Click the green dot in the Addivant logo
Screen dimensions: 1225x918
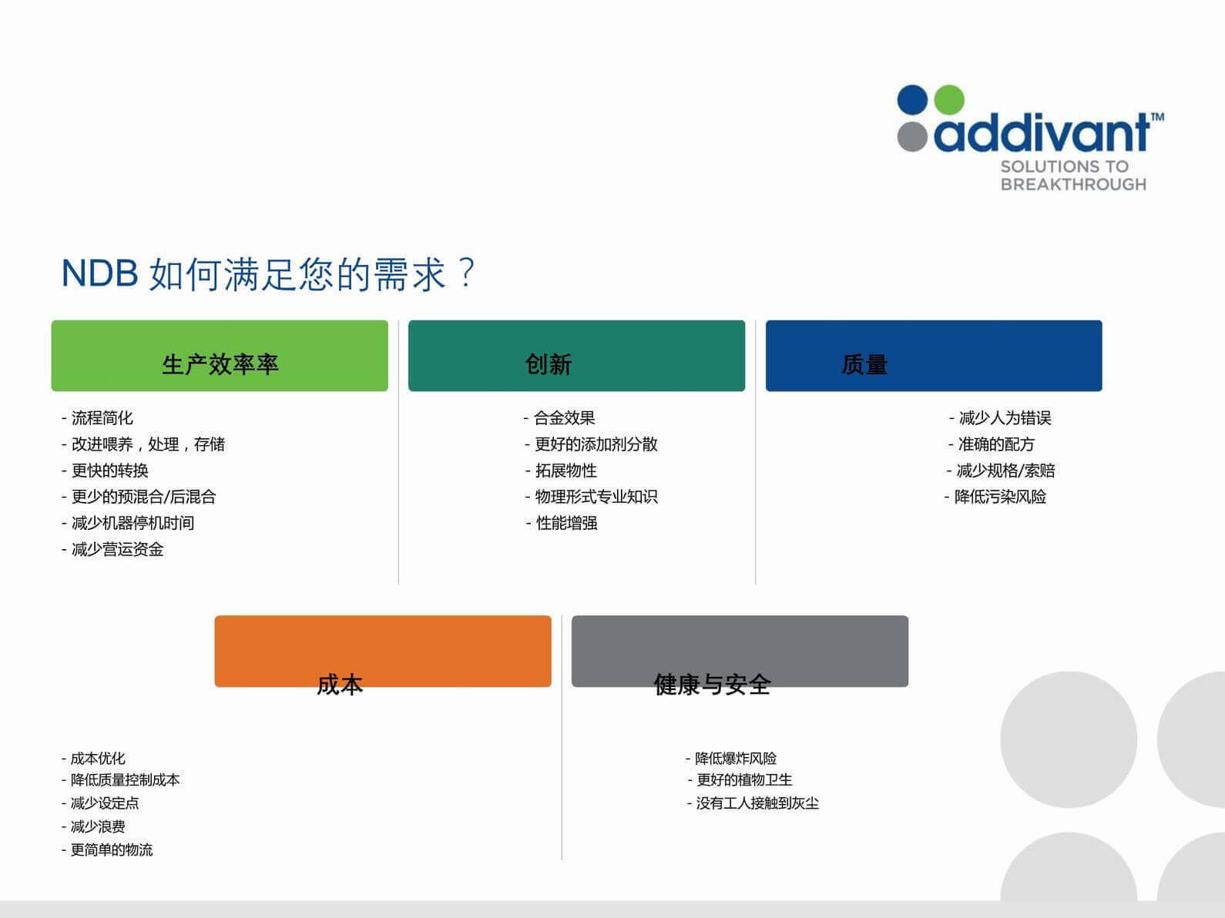(948, 100)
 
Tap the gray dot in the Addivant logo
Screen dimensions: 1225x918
(912, 136)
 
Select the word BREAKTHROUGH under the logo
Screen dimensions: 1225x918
(1073, 185)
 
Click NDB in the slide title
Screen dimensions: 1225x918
(99, 273)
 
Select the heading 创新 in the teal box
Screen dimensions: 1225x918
(548, 365)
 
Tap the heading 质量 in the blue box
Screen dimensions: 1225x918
(864, 365)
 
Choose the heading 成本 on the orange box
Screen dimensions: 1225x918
(340, 685)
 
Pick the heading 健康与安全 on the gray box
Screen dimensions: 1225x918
(712, 685)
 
